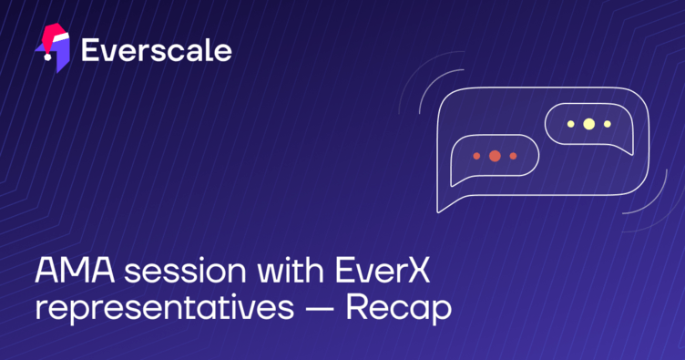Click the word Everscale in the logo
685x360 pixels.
(x=156, y=49)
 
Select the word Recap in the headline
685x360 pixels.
(x=398, y=308)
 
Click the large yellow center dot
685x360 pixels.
(x=588, y=123)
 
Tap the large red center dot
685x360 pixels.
(x=495, y=156)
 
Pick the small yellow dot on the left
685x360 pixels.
(x=570, y=123)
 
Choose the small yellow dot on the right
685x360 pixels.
(x=607, y=123)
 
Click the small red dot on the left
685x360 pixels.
(x=476, y=156)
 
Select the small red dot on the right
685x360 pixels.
(x=513, y=156)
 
